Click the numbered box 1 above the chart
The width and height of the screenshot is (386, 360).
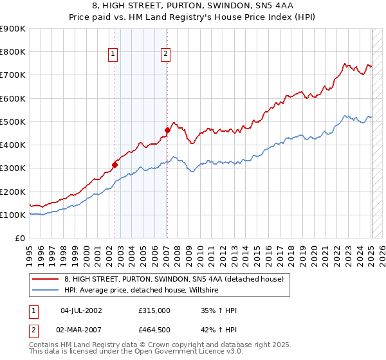[113, 55]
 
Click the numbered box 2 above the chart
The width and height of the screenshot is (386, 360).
[165, 55]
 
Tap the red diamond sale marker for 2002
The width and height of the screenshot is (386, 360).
[115, 165]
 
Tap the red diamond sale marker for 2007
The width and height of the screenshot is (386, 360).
[167, 130]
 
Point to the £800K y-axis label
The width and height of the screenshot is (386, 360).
[13, 52]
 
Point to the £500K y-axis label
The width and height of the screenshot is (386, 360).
[13, 122]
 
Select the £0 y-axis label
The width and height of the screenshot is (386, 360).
[19, 239]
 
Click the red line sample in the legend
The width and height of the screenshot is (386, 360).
[45, 279]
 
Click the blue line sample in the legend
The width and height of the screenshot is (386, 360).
[45, 291]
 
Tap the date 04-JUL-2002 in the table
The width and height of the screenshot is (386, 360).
[80, 310]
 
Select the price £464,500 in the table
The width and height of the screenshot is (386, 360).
[154, 331]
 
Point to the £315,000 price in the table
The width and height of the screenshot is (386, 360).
[154, 310]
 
